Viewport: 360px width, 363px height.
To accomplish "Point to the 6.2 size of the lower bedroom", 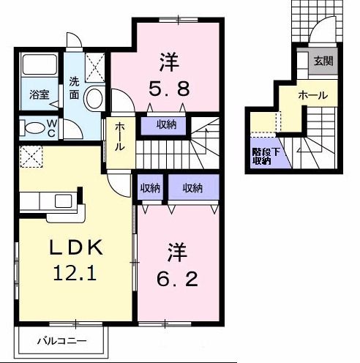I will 176,279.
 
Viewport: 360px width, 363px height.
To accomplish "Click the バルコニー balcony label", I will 62,342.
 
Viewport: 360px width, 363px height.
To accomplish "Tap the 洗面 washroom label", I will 75,87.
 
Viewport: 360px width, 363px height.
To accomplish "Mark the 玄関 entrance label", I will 323,61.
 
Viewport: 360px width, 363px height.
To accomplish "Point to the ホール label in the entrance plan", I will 312,95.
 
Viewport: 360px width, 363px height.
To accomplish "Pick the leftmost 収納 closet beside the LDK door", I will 150,188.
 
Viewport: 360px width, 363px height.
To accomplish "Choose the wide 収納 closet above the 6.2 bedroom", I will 192,188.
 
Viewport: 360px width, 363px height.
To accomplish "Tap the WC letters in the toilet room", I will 52,129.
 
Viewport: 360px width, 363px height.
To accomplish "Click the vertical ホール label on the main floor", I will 119,136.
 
